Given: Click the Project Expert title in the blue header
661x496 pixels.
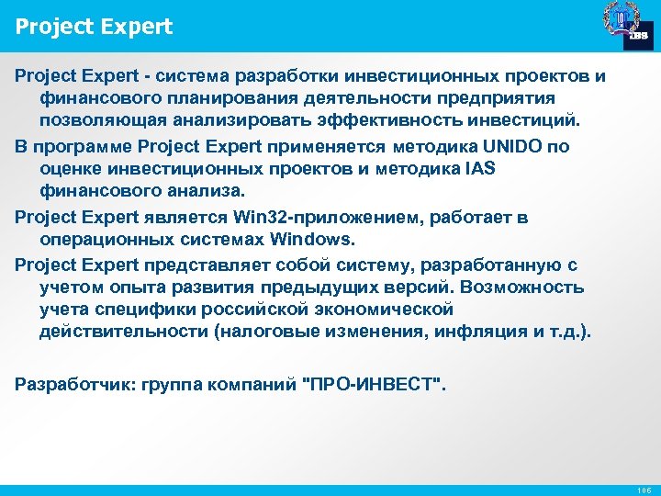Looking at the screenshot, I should (x=94, y=27).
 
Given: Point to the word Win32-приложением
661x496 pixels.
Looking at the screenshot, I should (x=289, y=218).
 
